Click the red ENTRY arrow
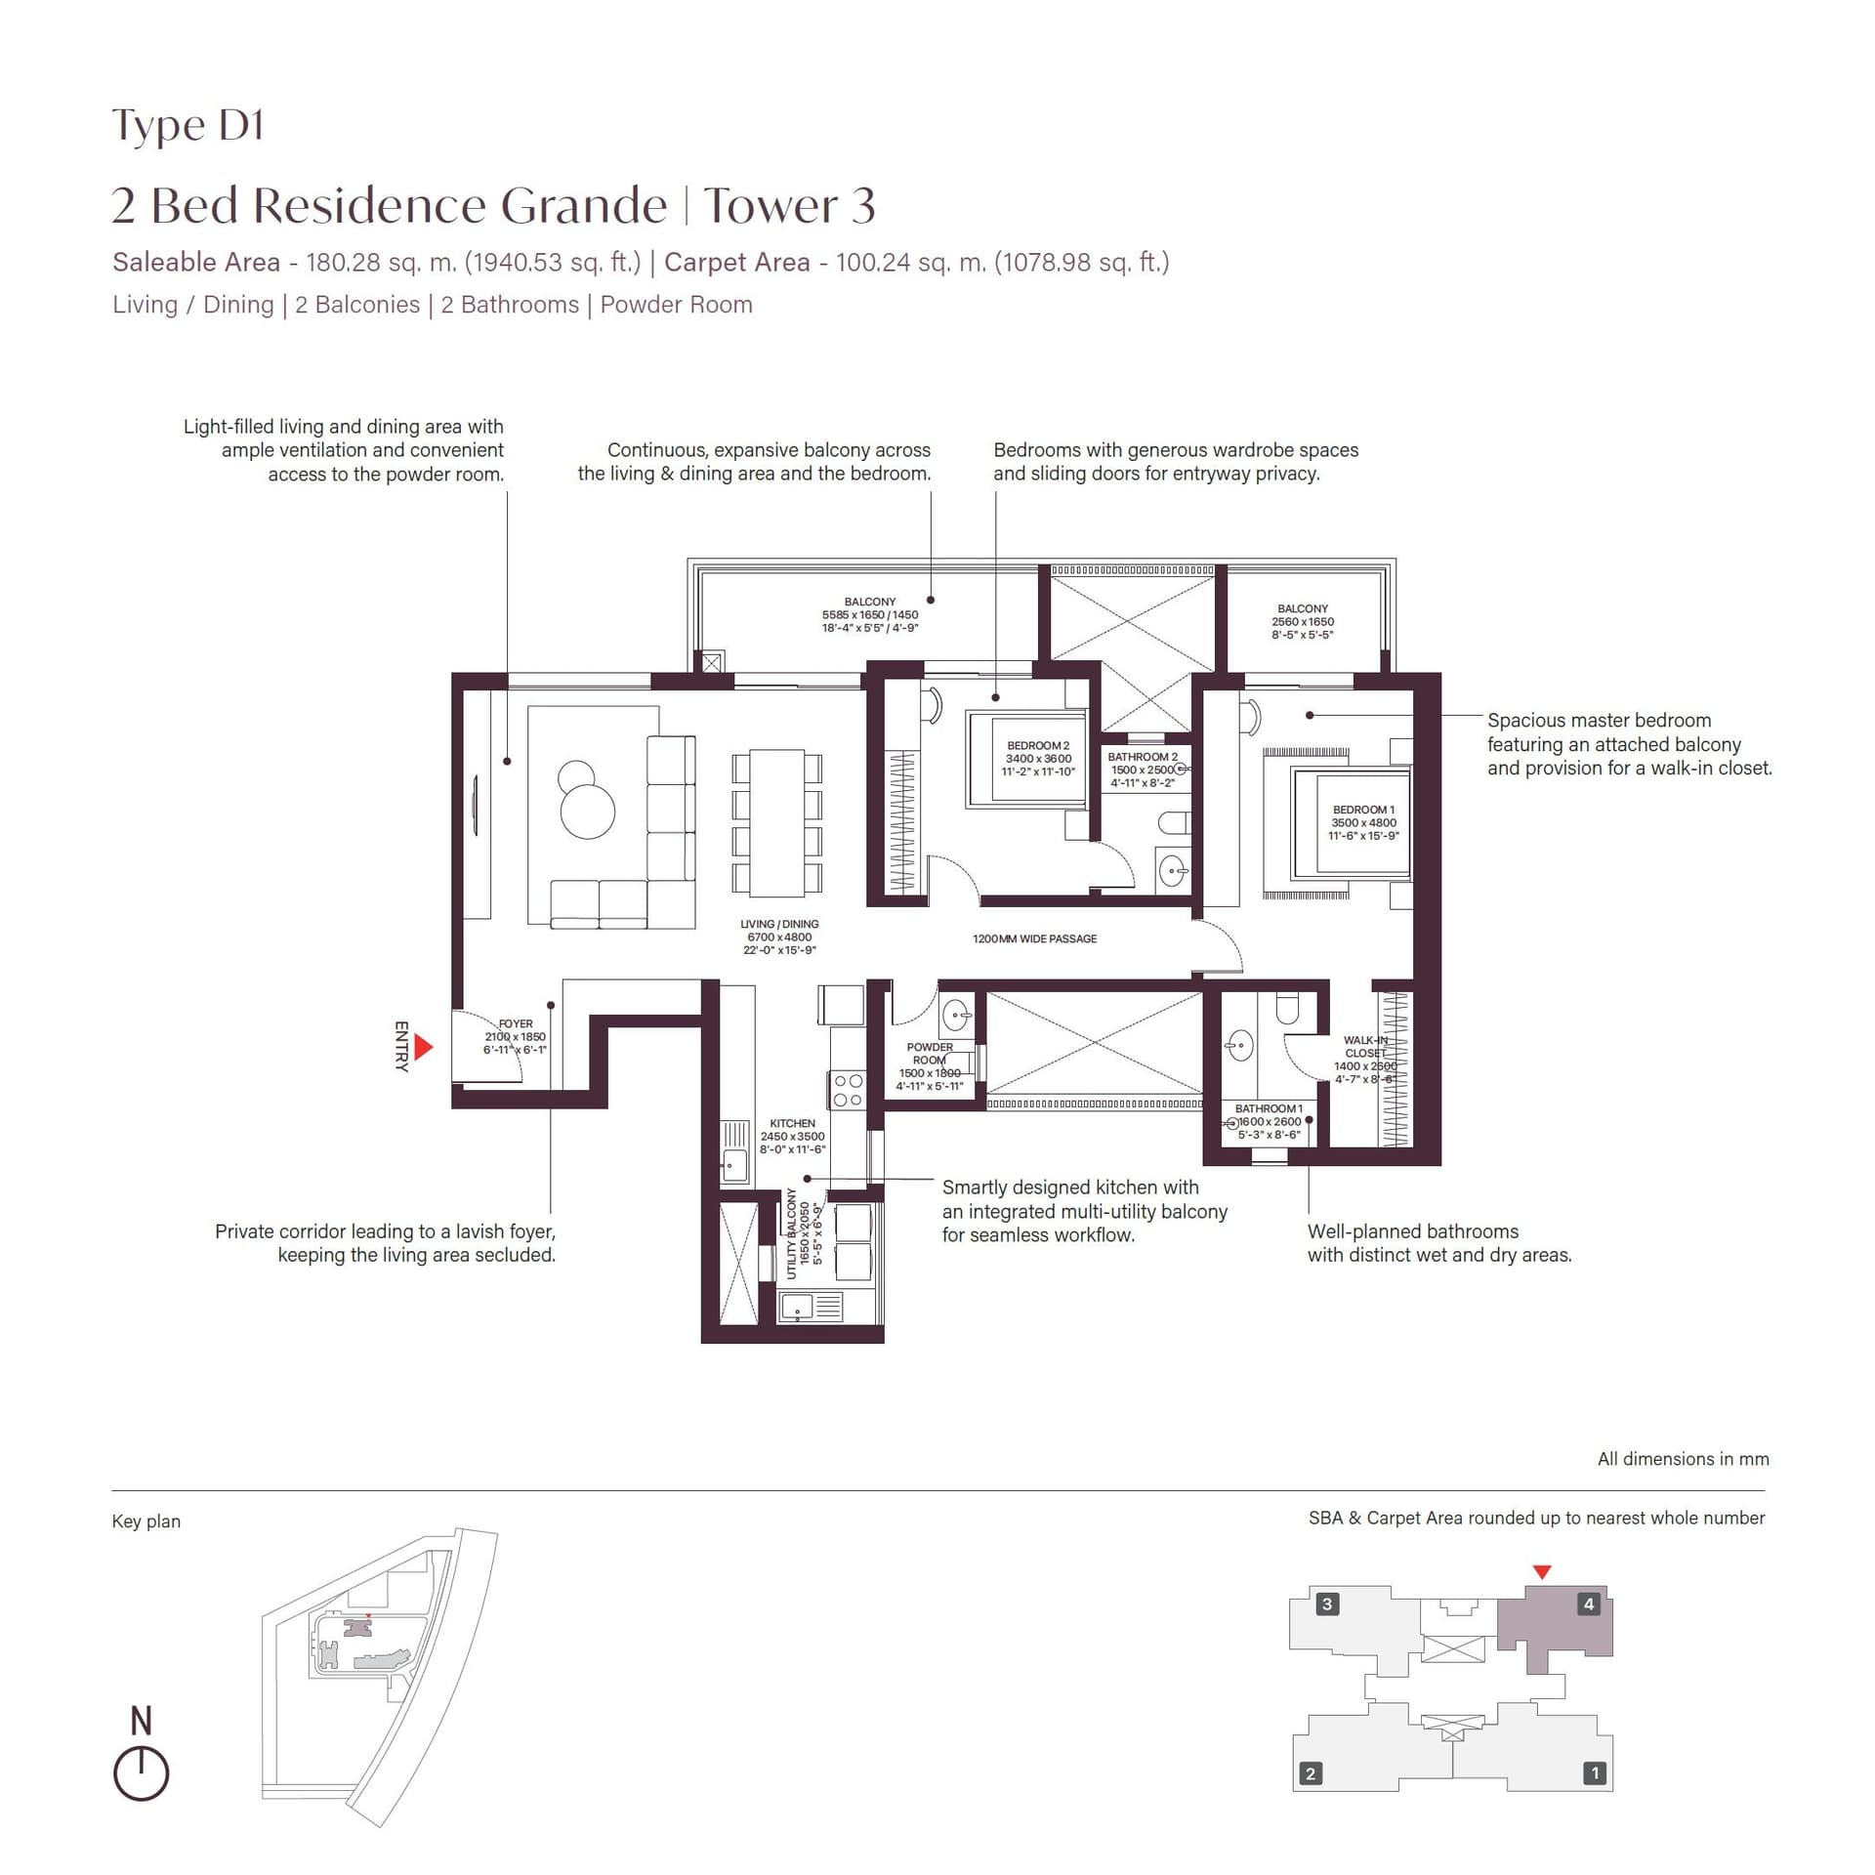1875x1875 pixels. click(x=423, y=1047)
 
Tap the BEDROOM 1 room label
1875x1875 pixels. click(x=1363, y=822)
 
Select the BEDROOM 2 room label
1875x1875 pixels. click(x=1038, y=758)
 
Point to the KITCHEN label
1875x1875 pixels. click(x=792, y=1136)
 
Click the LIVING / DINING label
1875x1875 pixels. click(x=779, y=937)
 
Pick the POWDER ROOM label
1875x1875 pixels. click(x=930, y=1065)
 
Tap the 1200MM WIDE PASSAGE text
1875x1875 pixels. click(x=1034, y=938)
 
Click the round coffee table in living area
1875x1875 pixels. click(x=587, y=810)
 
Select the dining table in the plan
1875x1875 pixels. click(x=776, y=822)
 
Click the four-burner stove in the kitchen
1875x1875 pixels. click(x=847, y=1090)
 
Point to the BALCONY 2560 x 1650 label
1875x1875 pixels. click(x=1302, y=621)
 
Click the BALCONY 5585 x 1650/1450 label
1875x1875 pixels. click(x=869, y=615)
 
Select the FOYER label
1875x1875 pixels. click(x=515, y=1036)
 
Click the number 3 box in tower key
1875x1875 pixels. click(x=1326, y=1604)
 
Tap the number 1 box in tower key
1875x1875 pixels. click(x=1595, y=1772)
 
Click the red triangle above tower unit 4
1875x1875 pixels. click(x=1542, y=1571)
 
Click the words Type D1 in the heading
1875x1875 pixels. click(x=187, y=126)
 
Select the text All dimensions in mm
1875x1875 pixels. click(x=1683, y=1459)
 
